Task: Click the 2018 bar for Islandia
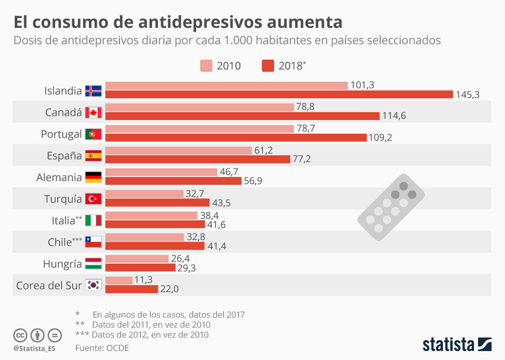coord(279,94)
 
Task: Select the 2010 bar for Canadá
coord(199,107)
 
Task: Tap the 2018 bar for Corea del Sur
coord(132,289)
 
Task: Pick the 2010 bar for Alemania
coord(161,172)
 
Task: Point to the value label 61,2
coord(263,151)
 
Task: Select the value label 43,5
coord(221,203)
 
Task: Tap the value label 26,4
coord(180,258)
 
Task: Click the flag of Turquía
coord(94,198)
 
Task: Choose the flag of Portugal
coord(94,134)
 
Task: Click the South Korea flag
coord(94,285)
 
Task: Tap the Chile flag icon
coord(94,242)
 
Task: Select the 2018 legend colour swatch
coord(268,66)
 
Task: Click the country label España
coord(64,156)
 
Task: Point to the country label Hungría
coord(62,264)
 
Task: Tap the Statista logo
coord(457,345)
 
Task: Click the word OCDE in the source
coord(117,348)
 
